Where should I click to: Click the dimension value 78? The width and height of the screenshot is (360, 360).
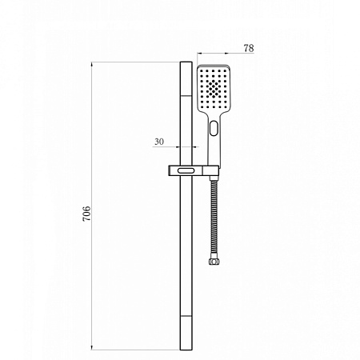coord(248,49)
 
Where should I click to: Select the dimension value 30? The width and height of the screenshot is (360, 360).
coord(159,141)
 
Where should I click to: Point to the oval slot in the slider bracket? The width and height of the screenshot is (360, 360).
coord(185,170)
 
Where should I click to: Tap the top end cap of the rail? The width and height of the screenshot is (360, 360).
coord(186,65)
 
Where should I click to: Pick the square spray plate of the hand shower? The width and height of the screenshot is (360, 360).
coord(212,90)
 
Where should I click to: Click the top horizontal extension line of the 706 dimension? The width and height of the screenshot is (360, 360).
coord(136,62)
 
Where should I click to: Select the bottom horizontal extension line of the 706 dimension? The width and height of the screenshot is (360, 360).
coord(136,350)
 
